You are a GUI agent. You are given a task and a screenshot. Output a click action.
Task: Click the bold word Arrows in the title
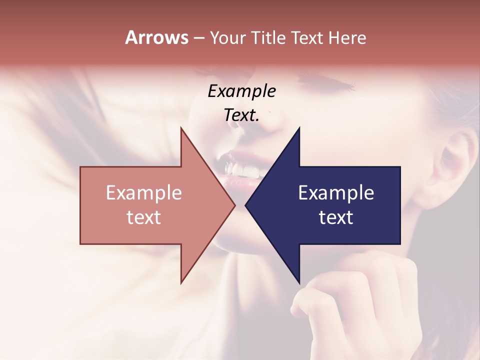[156, 37]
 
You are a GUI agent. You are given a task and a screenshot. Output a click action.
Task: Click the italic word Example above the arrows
[241, 91]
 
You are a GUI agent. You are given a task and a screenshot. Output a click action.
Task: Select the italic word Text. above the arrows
[241, 115]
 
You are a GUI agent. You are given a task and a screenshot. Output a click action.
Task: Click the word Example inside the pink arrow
[144, 193]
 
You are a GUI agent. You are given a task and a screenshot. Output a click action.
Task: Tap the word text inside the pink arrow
[144, 217]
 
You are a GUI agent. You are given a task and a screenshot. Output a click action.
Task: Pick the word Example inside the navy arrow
[336, 193]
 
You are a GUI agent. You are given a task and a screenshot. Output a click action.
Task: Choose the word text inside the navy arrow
[336, 217]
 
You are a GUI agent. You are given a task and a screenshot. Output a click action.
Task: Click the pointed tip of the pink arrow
[234, 205]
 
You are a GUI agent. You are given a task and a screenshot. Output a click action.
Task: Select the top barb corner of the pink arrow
[181, 128]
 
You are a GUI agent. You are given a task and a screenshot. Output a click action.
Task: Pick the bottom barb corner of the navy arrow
[299, 283]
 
